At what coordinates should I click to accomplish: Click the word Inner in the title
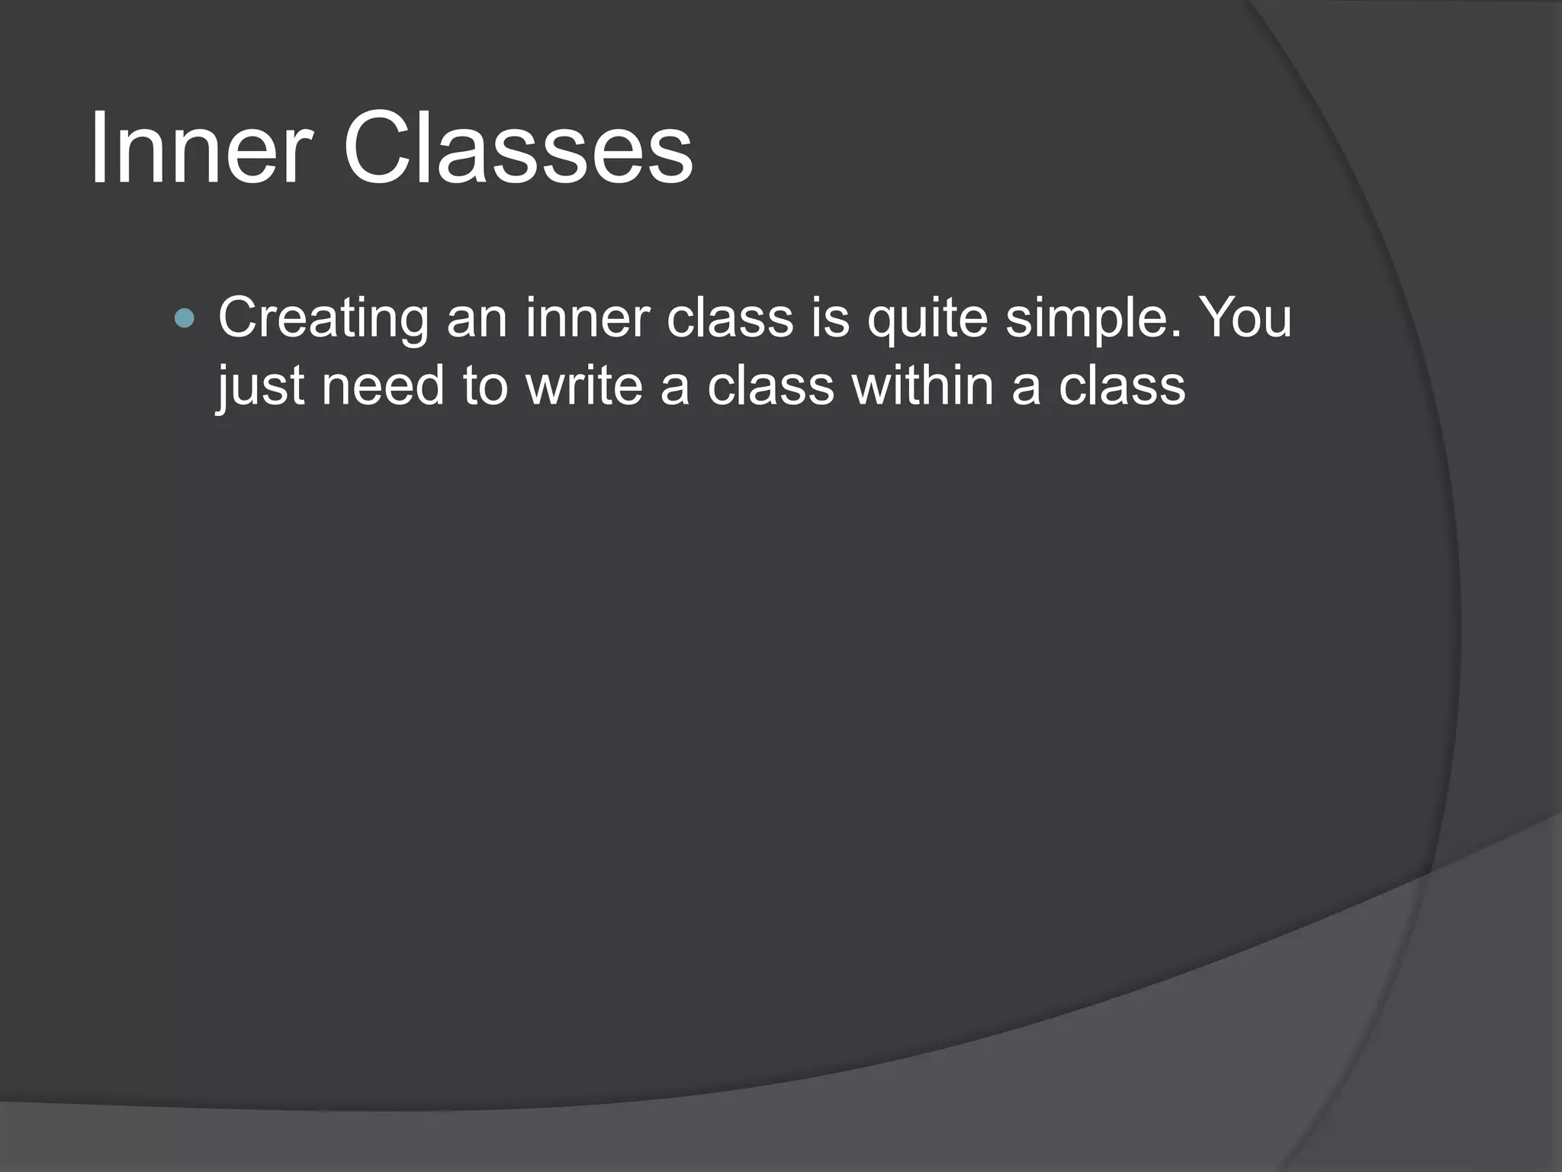pos(201,149)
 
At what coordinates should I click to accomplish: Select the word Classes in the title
pos(518,149)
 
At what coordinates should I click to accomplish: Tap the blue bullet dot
pos(184,318)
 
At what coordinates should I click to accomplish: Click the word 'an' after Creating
pos(477,318)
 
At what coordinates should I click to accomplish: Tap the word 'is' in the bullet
pos(830,318)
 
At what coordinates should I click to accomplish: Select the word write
pos(583,386)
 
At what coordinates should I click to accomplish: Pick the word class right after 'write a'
pos(770,386)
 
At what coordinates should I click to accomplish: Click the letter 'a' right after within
pos(1025,386)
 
